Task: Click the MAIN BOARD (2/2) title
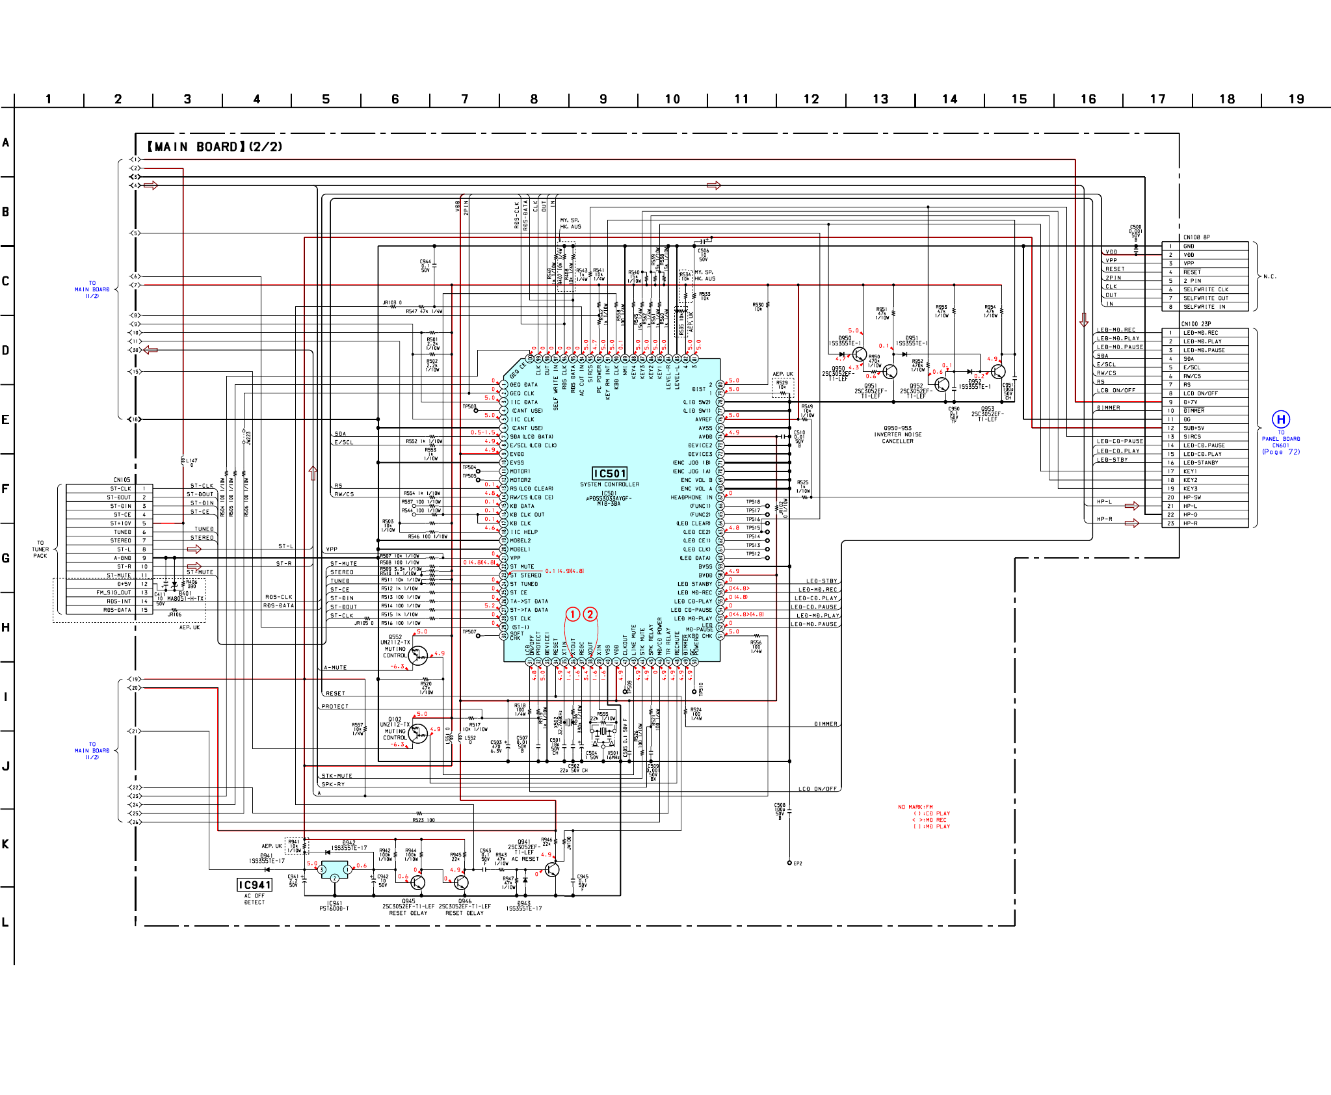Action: (x=215, y=147)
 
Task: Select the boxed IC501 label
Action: (x=609, y=473)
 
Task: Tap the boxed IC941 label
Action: (x=254, y=885)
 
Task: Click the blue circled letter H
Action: (x=1280, y=419)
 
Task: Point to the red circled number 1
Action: (x=572, y=614)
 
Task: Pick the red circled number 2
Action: (x=590, y=614)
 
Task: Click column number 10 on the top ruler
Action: (x=672, y=99)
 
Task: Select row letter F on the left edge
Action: (x=6, y=488)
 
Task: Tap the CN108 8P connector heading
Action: (x=1196, y=237)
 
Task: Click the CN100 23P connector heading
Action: (x=1196, y=324)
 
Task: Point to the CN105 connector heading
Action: (x=122, y=480)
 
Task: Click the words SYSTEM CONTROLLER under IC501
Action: (x=609, y=484)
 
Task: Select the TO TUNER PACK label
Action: (x=40, y=549)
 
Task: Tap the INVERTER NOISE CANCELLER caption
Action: (x=897, y=438)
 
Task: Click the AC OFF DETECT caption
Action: (x=254, y=899)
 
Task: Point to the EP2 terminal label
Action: (x=798, y=864)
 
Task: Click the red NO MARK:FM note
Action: (x=915, y=807)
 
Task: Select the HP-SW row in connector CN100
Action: (x=1193, y=497)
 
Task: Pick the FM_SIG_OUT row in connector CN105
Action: (x=114, y=592)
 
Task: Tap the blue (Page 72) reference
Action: (x=1281, y=452)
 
